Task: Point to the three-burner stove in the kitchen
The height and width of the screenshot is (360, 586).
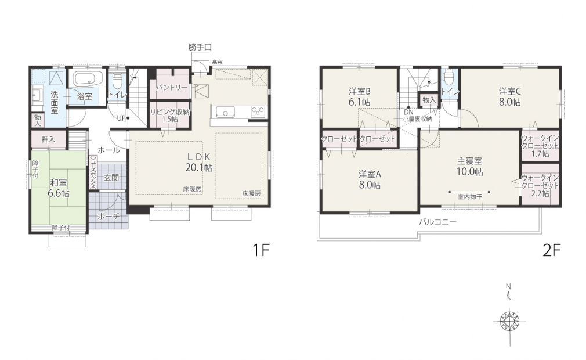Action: (x=258, y=111)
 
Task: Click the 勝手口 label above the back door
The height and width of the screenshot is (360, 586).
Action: (x=200, y=47)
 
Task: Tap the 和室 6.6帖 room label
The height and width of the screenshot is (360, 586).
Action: (x=59, y=188)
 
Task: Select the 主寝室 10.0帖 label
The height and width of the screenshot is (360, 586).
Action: (x=470, y=167)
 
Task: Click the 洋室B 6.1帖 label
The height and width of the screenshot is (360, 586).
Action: (x=360, y=96)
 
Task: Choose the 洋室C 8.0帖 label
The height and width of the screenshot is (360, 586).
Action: (x=510, y=96)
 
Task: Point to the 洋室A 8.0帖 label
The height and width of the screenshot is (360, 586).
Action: (x=369, y=179)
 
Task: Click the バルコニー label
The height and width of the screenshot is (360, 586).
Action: (x=437, y=222)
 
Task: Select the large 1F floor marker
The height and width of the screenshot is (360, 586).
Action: (x=261, y=250)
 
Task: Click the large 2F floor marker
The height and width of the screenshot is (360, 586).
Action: (x=552, y=250)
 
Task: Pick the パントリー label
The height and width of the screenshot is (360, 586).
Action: (x=172, y=88)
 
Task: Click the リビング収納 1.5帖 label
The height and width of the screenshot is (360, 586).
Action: (x=170, y=116)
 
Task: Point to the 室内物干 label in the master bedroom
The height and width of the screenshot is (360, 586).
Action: (x=469, y=197)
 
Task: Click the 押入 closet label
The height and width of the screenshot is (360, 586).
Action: (x=48, y=139)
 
